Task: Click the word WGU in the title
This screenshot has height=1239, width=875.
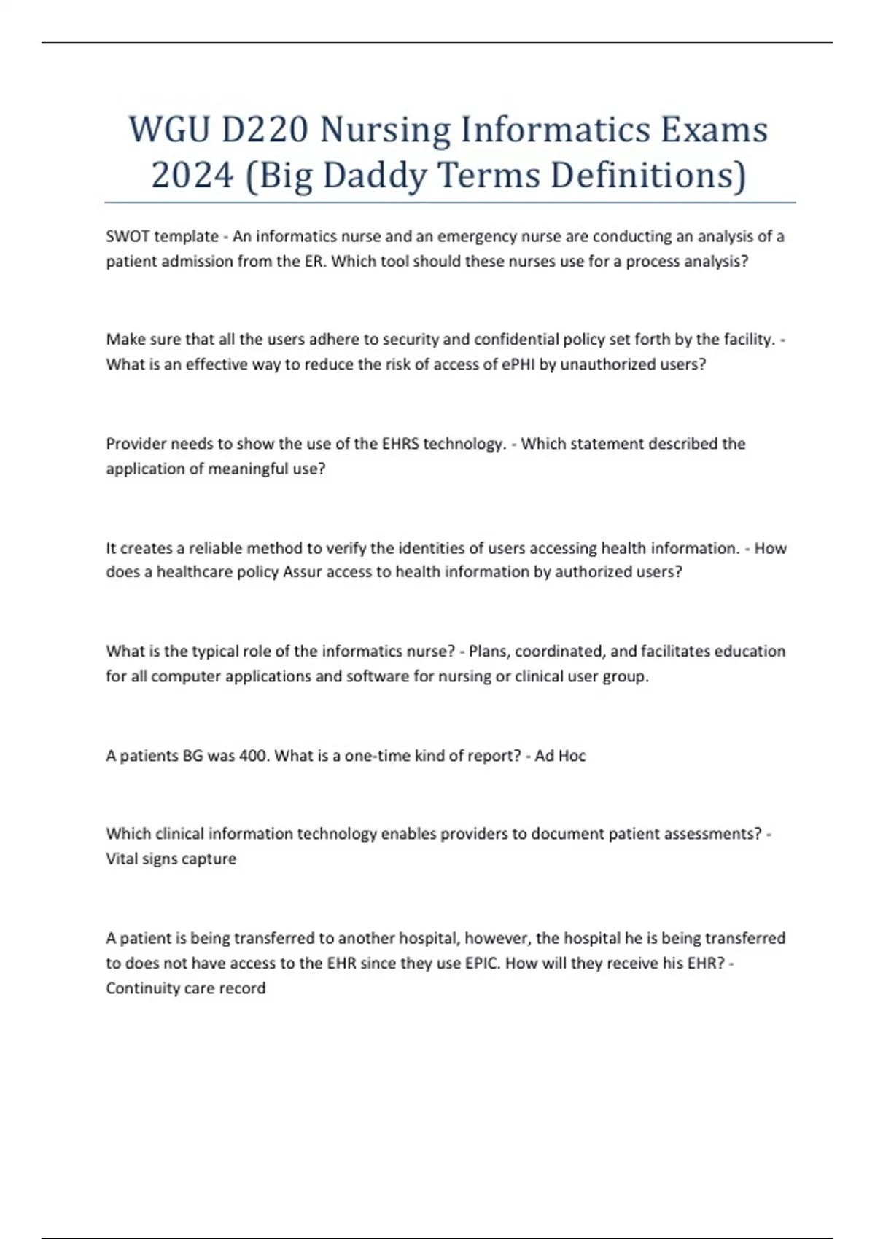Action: [170, 130]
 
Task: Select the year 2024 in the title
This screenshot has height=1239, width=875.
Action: [192, 176]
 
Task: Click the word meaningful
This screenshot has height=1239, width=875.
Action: [249, 469]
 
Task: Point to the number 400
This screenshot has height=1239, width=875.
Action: [254, 756]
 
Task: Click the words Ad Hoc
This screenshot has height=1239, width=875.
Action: [560, 756]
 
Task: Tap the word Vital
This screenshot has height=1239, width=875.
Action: [122, 859]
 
